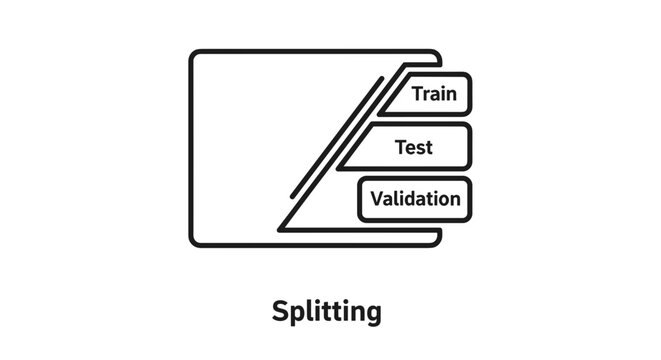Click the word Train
tap(433, 95)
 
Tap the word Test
tap(414, 147)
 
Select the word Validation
tap(415, 198)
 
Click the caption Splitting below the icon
tap(326, 311)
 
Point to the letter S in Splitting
tap(281, 310)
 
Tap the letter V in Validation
tap(376, 198)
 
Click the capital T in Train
tap(418, 95)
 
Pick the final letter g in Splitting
tap(372, 313)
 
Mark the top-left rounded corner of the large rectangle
tap(194, 55)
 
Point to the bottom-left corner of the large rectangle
tap(194, 241)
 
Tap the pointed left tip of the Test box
tap(341, 167)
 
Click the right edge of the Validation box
tap(470, 199)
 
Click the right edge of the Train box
tap(470, 95)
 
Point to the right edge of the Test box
tap(470, 147)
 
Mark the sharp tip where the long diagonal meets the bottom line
tap(281, 229)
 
